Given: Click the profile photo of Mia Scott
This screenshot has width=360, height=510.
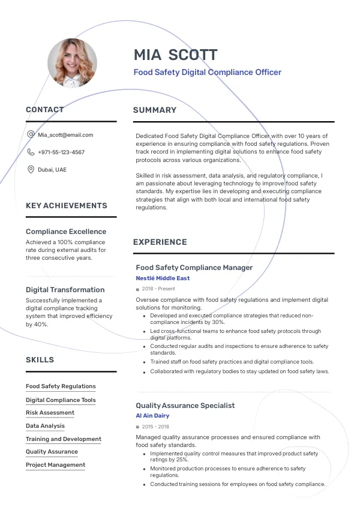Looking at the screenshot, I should [x=72, y=62].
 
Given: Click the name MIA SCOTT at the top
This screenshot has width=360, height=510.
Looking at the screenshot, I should [x=175, y=55].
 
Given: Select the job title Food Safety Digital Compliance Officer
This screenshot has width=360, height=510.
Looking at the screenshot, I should [x=207, y=73].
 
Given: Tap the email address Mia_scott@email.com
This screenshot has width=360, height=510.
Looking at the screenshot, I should [x=65, y=135].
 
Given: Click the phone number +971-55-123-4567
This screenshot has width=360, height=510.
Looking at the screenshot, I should [x=61, y=152].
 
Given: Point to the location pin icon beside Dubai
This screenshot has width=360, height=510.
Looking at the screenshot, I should [x=31, y=170].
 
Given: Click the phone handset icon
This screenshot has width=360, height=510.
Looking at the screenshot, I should [x=31, y=152].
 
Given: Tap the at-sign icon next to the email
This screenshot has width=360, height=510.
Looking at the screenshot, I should [x=31, y=135].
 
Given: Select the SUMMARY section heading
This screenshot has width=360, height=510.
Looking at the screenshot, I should [x=155, y=110].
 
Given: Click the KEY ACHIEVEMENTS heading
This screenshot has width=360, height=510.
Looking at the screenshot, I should [x=67, y=206].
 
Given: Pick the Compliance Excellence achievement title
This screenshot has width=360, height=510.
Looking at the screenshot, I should [x=66, y=232].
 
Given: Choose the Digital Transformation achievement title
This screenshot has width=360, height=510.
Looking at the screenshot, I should [x=65, y=290].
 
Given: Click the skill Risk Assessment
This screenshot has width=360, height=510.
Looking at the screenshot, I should [x=50, y=413].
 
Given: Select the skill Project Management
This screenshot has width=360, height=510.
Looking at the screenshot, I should [x=55, y=465].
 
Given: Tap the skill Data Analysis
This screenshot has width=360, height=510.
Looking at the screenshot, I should [x=45, y=426].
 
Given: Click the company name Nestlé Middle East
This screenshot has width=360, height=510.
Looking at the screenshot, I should [x=163, y=278].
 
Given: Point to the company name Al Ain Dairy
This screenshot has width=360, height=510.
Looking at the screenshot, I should [x=152, y=416].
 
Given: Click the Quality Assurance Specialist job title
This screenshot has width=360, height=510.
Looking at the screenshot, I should [x=185, y=406].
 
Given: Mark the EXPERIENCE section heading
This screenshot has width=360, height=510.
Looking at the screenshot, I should [x=160, y=242].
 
